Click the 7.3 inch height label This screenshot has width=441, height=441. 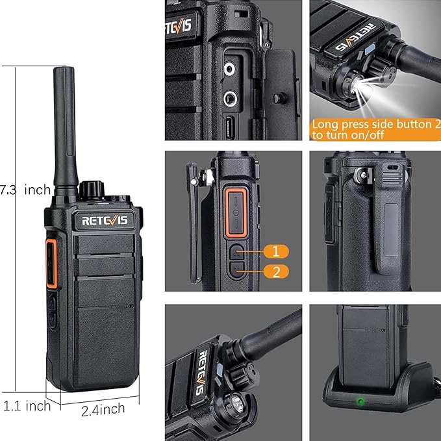pyautogui.click(x=25, y=190)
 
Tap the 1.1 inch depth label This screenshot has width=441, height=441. pyautogui.click(x=27, y=406)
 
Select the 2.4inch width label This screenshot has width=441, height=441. pyautogui.click(x=103, y=409)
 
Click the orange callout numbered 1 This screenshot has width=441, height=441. pyautogui.click(x=276, y=251)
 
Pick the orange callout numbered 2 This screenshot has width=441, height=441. pyautogui.click(x=276, y=271)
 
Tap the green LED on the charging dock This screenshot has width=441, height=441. pyautogui.click(x=360, y=401)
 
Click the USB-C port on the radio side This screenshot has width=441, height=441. pyautogui.click(x=230, y=127)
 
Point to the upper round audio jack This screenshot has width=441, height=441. pyautogui.click(x=229, y=69)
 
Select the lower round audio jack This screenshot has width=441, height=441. pyautogui.click(x=230, y=99)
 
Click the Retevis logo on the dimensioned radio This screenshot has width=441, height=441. pyautogui.click(x=105, y=221)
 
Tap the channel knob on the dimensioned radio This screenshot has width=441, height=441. pyautogui.click(x=92, y=190)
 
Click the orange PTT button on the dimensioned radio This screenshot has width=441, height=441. pyautogui.click(x=51, y=264)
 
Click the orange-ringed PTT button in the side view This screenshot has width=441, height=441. pyautogui.click(x=236, y=212)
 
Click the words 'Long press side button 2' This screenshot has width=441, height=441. pyautogui.click(x=376, y=124)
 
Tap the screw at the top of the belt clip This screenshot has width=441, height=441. pyautogui.click(x=363, y=175)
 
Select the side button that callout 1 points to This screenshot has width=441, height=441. pyautogui.click(x=237, y=252)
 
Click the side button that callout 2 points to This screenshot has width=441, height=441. pyautogui.click(x=237, y=270)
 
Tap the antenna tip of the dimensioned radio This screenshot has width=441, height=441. pyautogui.click(x=64, y=68)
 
